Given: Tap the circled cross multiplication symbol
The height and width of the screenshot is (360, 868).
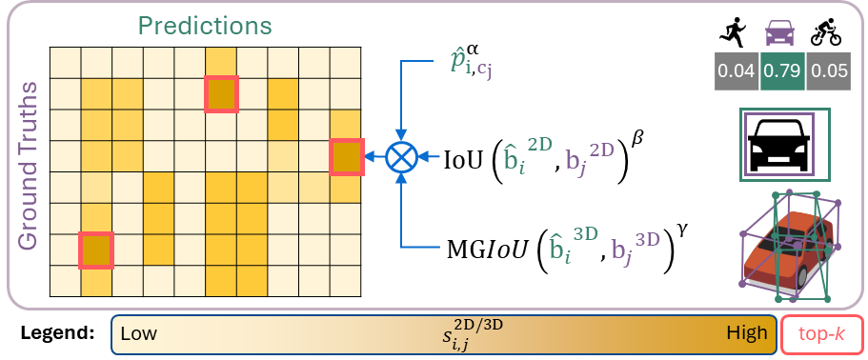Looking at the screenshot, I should pyautogui.click(x=401, y=156).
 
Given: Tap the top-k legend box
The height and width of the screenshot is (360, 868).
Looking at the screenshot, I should pyautogui.click(x=822, y=335).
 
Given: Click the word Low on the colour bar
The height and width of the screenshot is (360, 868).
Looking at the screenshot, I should pyautogui.click(x=138, y=334).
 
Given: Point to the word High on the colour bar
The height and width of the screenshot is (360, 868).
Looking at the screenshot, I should pyautogui.click(x=746, y=334).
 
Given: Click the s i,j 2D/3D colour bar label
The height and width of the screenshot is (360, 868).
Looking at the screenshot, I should pyautogui.click(x=466, y=333).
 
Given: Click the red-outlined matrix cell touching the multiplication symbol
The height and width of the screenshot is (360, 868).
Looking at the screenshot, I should pyautogui.click(x=346, y=156).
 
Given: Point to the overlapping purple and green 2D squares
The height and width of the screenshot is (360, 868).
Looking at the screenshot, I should pyautogui.click(x=783, y=143).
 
